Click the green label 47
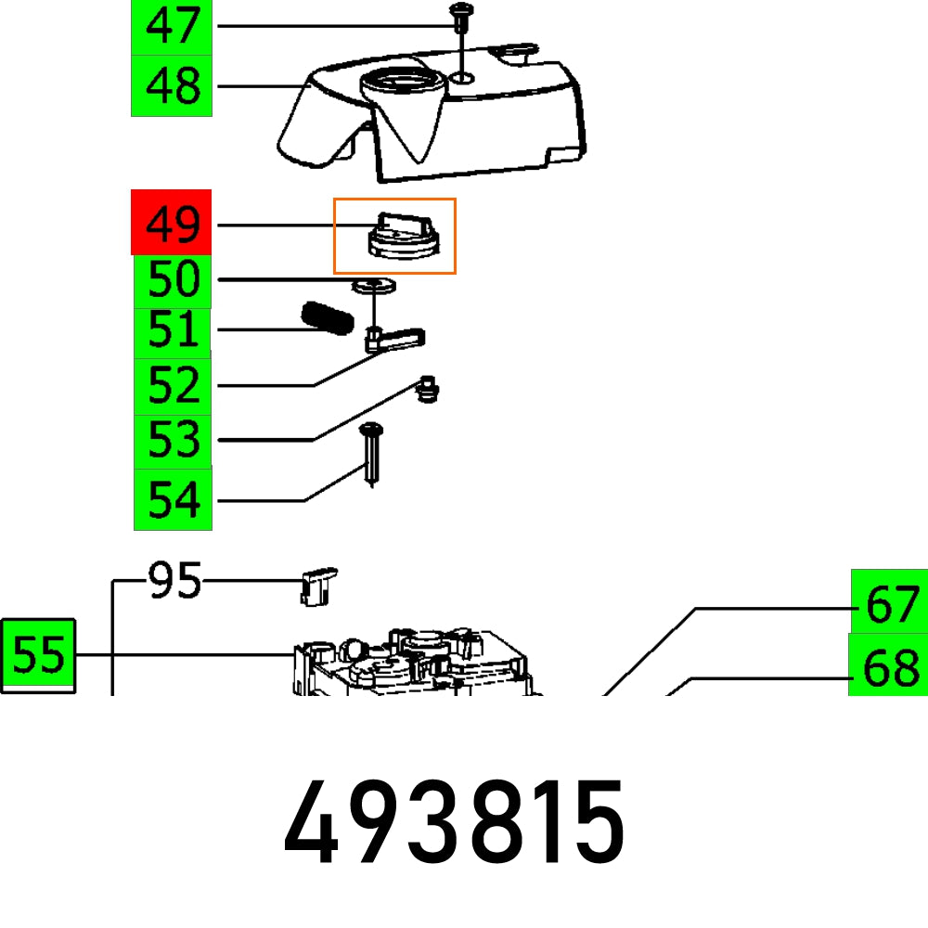pyautogui.click(x=172, y=26)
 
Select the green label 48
pyautogui.click(x=172, y=86)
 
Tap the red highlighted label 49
pyautogui.click(x=172, y=223)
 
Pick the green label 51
pyautogui.click(x=172, y=331)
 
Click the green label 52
pyautogui.click(x=172, y=384)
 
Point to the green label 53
pyautogui.click(x=172, y=440)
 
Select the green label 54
pyautogui.click(x=172, y=499)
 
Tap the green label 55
pyautogui.click(x=38, y=656)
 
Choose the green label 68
pyautogui.click(x=890, y=665)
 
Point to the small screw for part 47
pyautogui.click(x=461, y=16)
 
